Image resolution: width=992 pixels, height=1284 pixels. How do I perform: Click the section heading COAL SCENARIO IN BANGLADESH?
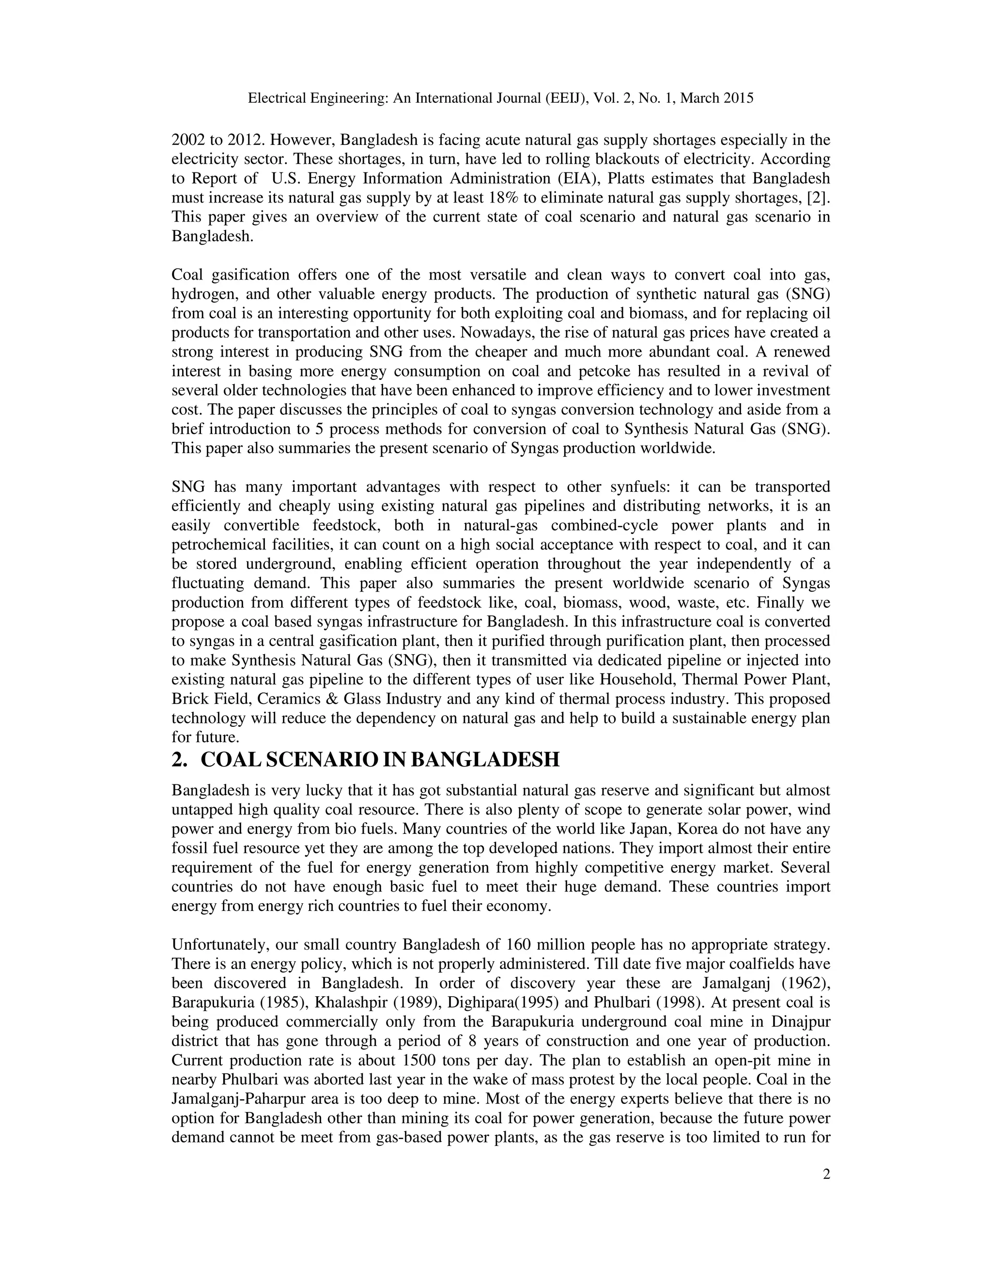point(380,760)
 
